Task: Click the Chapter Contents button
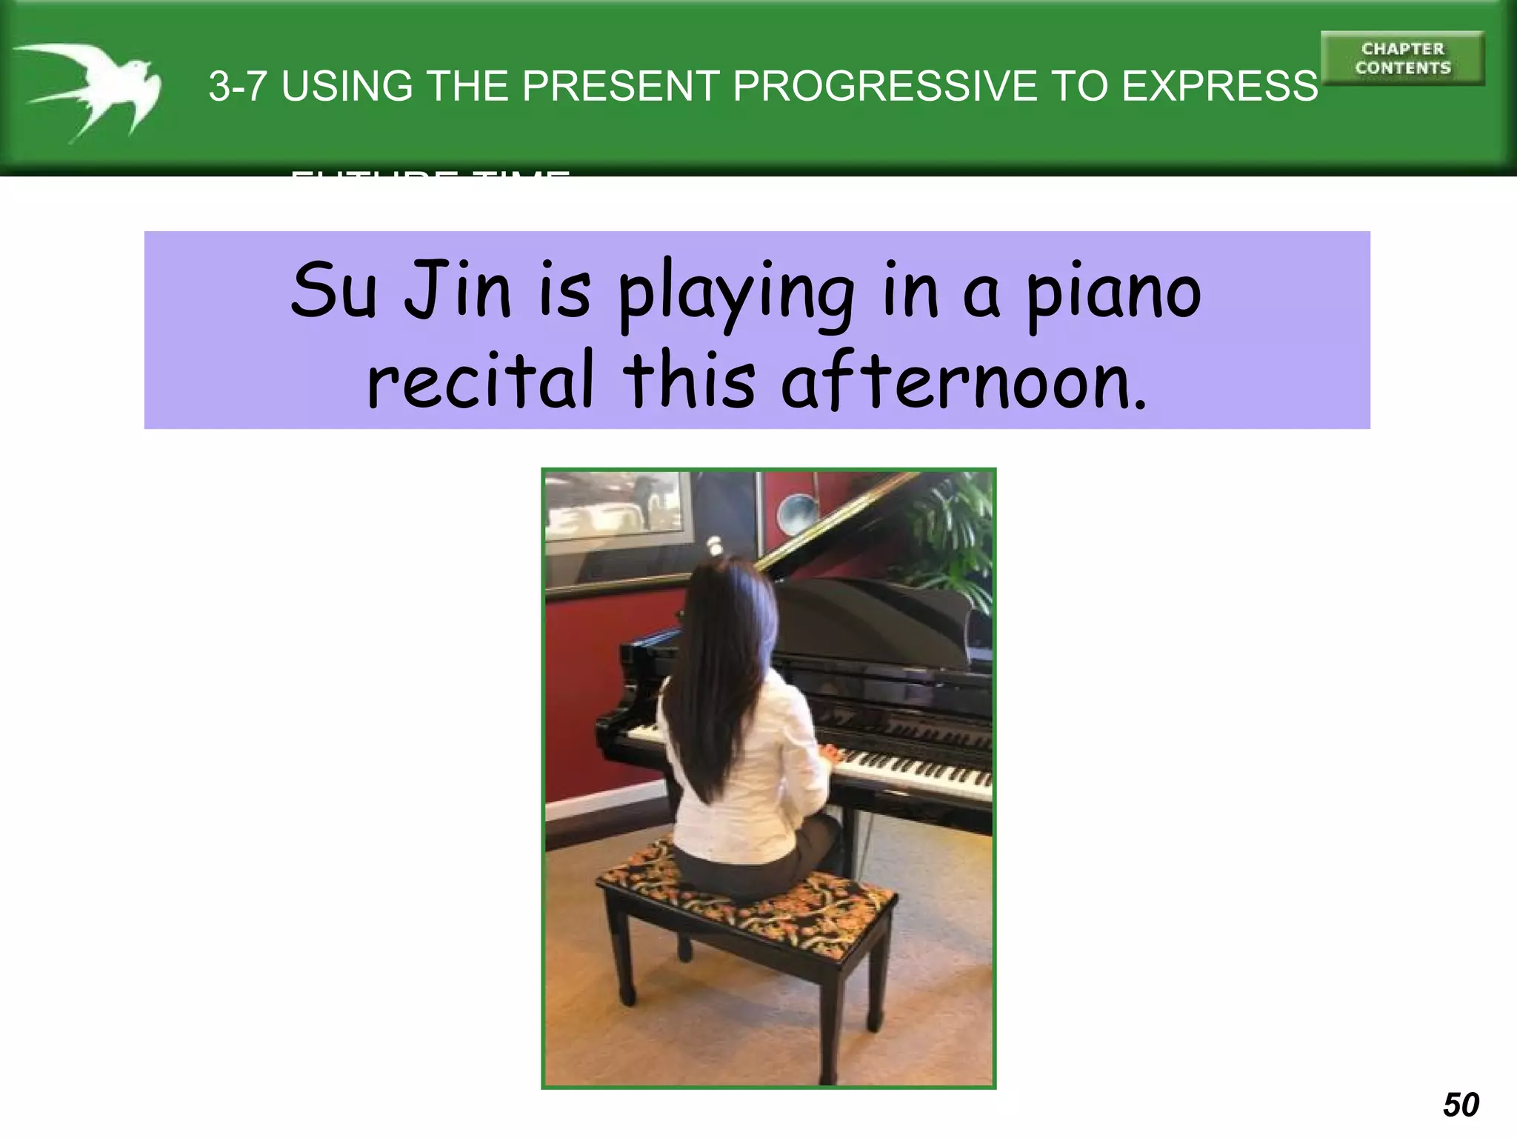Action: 1402,59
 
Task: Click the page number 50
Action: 1461,1105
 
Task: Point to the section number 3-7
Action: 237,86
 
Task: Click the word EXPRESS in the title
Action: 1219,86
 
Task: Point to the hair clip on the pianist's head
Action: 716,547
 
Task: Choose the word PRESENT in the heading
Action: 621,86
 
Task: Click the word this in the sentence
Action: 689,381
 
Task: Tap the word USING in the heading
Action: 347,86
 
